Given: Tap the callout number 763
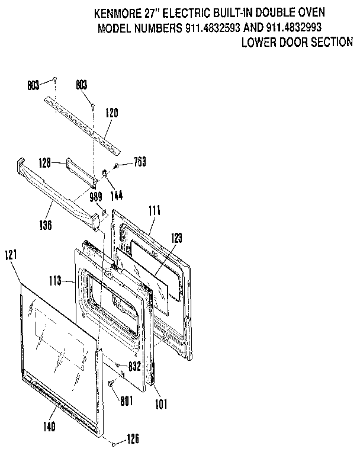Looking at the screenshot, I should click(x=140, y=162).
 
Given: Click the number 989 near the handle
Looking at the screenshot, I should click(x=96, y=197).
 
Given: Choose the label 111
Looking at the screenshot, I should click(x=155, y=210).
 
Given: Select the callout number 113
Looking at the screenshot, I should click(x=55, y=282).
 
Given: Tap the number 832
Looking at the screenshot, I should click(x=134, y=366).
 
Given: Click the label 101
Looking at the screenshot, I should click(x=160, y=405).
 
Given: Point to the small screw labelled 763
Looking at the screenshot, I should click(x=117, y=165).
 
